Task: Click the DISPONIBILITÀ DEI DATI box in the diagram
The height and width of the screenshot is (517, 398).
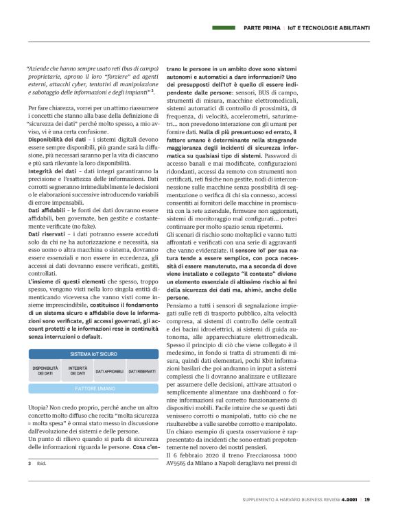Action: (45, 370)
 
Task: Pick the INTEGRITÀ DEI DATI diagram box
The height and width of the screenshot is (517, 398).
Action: (78, 370)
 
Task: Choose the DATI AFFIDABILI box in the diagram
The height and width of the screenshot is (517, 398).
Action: (110, 370)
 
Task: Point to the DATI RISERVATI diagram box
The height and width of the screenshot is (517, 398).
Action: (142, 370)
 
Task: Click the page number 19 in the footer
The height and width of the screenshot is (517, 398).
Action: (367, 500)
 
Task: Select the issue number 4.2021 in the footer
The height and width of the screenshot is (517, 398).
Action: (349, 500)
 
